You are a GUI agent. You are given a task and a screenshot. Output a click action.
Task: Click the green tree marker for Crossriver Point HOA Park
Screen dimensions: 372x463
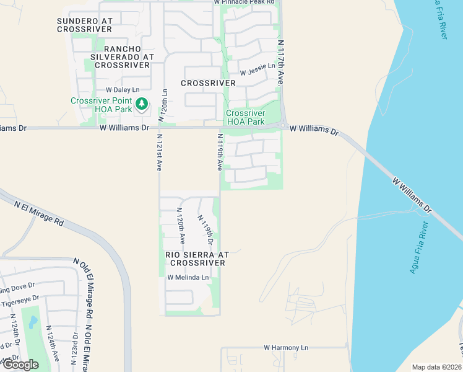pos(142,104)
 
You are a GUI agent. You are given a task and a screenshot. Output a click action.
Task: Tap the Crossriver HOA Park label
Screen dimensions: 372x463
pos(245,117)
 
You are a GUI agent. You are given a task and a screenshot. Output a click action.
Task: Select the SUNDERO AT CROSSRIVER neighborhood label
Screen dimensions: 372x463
pos(84,25)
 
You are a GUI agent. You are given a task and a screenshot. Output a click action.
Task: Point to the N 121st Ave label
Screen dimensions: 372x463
pos(158,153)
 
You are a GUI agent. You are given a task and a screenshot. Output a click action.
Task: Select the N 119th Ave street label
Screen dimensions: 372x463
pos(219,151)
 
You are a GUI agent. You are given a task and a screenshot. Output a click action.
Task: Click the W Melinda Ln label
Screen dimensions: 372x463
pos(188,278)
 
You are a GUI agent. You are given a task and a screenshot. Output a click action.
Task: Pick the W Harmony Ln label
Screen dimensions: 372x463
pos(285,348)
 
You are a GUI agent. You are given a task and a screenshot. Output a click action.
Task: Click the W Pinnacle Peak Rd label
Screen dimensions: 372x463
pos(244,2)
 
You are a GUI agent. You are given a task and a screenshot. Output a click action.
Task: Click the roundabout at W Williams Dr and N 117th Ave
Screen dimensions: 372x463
pos(282,126)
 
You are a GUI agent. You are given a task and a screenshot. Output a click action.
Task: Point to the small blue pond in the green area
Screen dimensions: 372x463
pos(33,322)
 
